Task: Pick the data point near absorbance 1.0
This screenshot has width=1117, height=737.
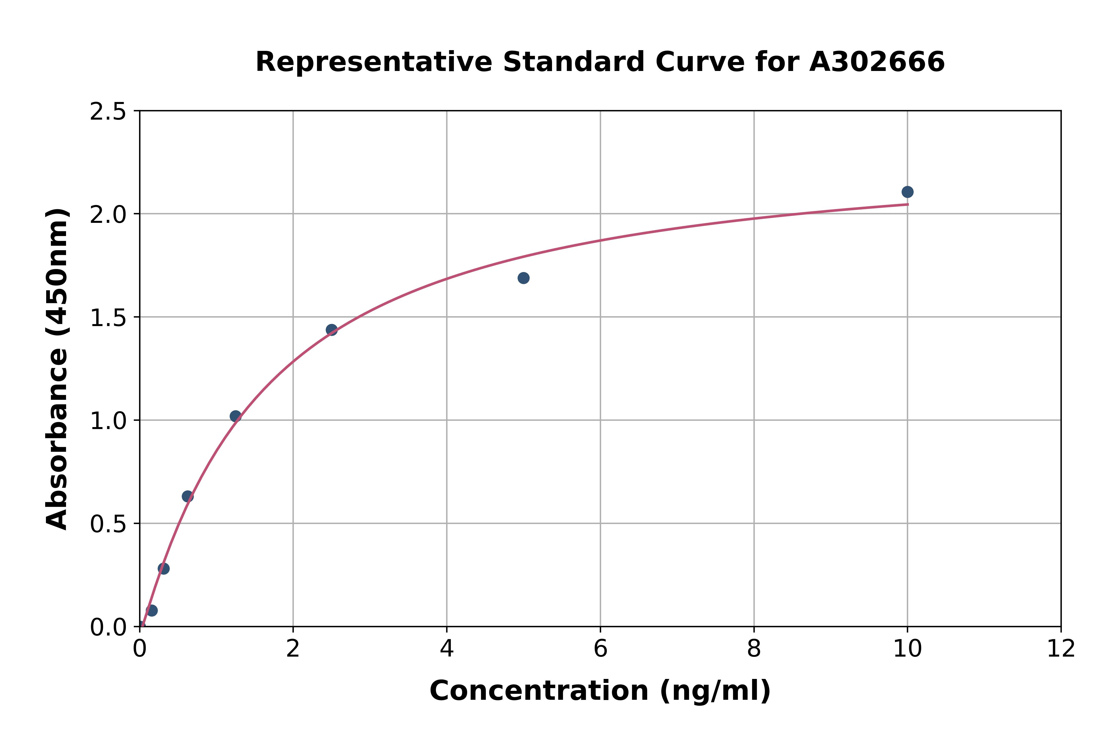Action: tap(236, 416)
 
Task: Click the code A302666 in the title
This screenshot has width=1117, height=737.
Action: tap(877, 62)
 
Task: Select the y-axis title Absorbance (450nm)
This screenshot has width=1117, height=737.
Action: tap(57, 369)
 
